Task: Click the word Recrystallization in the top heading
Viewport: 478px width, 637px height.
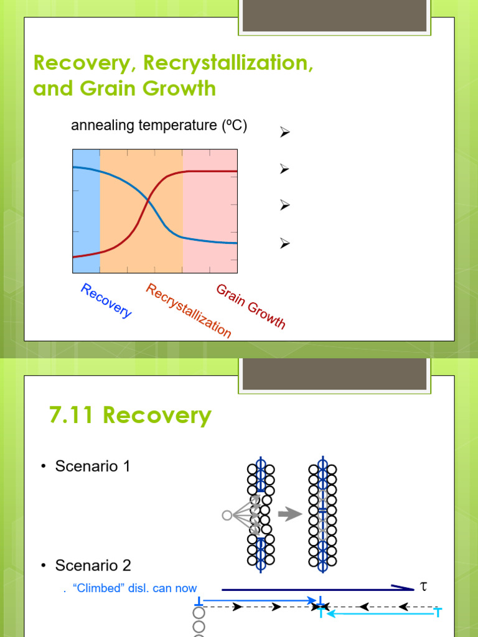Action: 228,63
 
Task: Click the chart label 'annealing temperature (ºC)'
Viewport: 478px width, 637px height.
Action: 159,126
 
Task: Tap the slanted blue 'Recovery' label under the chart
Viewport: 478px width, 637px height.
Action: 106,300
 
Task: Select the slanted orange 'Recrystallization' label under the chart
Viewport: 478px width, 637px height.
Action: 189,310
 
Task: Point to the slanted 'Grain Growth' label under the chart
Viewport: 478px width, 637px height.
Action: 251,306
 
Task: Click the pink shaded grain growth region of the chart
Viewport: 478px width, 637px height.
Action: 210,212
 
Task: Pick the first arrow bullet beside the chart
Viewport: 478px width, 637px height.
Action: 285,132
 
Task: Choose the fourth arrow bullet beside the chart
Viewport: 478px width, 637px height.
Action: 285,244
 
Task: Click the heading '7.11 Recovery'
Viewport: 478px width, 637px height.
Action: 130,416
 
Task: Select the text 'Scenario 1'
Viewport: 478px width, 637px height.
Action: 93,466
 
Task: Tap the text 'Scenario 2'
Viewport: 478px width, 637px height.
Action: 93,565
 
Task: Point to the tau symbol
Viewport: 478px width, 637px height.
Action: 424,586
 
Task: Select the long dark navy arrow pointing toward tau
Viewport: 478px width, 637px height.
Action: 317,588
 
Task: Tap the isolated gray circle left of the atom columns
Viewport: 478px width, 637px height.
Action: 227,515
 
